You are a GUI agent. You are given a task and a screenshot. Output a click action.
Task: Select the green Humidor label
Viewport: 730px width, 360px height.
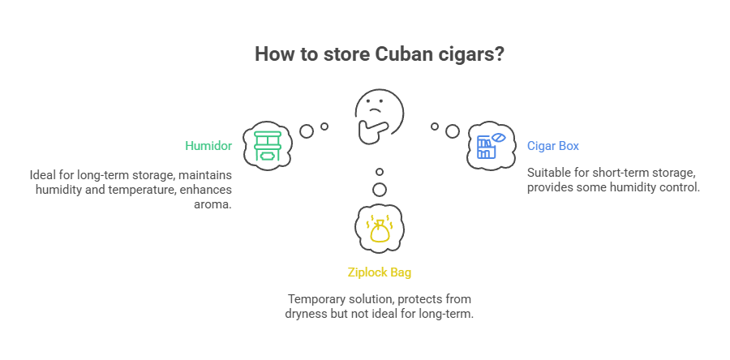(209, 147)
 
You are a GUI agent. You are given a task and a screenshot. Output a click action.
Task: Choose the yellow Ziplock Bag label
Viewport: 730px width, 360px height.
(379, 272)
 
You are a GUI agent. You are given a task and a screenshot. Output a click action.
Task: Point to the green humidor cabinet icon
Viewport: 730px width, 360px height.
(268, 148)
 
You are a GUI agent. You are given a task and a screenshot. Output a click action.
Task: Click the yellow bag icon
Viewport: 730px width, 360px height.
(379, 228)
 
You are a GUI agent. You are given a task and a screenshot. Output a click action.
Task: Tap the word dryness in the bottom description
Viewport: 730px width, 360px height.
(306, 313)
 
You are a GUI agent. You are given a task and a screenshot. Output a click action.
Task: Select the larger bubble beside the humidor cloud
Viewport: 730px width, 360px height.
(307, 131)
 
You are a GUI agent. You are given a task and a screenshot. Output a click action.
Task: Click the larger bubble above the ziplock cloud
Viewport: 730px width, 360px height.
(380, 190)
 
